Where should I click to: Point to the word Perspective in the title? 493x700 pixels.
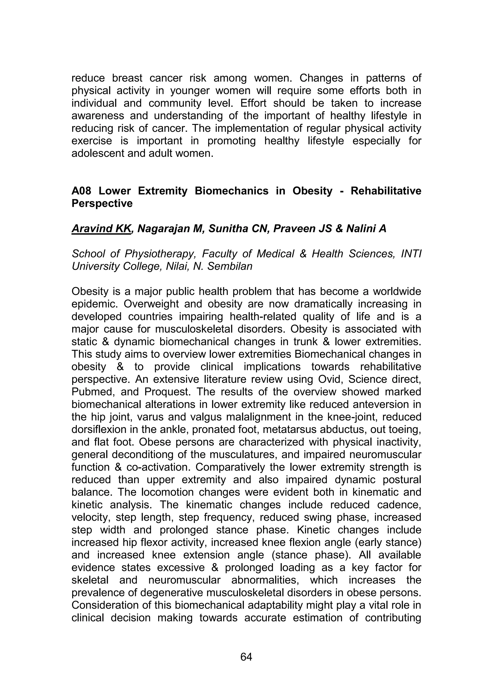tap(102, 203)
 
